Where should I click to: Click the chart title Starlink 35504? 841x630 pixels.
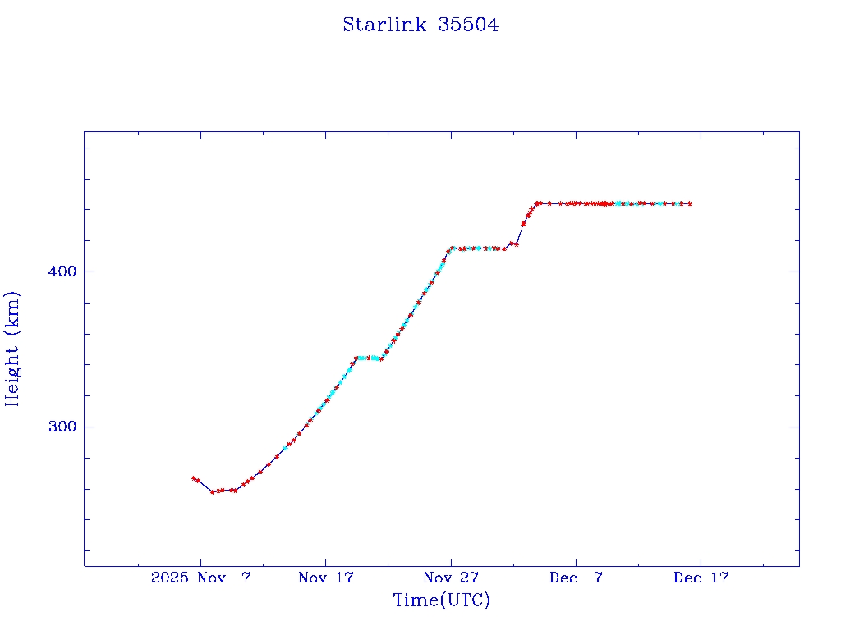pyautogui.click(x=420, y=25)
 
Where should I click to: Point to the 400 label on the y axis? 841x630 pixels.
pyautogui.click(x=60, y=272)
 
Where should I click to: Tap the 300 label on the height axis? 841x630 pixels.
pyautogui.click(x=60, y=427)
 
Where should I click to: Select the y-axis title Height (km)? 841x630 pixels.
pyautogui.click(x=12, y=349)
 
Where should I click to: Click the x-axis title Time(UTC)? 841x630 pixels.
pyautogui.click(x=441, y=600)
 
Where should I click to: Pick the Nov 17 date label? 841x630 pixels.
pyautogui.click(x=325, y=577)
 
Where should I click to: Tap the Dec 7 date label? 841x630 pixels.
pyautogui.click(x=576, y=577)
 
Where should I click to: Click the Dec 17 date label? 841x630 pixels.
pyautogui.click(x=701, y=577)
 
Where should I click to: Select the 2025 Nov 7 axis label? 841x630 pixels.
pyautogui.click(x=200, y=577)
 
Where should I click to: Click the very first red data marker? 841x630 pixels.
pyautogui.click(x=194, y=478)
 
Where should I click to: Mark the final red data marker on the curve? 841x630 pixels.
pyautogui.click(x=690, y=203)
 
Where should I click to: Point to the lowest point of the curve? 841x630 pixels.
pyautogui.click(x=213, y=491)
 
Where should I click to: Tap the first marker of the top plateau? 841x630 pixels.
pyautogui.click(x=537, y=203)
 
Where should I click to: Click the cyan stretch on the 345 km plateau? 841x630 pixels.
pyautogui.click(x=367, y=358)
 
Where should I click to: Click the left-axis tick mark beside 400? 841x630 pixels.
pyautogui.click(x=88, y=272)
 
